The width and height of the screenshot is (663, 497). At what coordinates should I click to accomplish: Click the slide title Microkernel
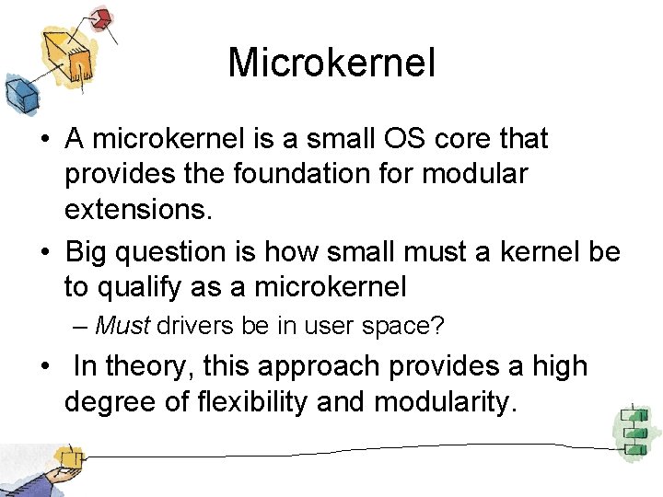pos(331,64)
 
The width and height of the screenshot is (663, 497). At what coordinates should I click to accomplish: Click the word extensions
pos(138,210)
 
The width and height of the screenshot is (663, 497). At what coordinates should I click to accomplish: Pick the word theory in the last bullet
pos(148,366)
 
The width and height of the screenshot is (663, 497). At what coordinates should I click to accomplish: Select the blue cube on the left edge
pos(17,91)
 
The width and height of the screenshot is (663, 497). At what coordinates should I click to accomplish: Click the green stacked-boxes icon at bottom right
pos(634,430)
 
